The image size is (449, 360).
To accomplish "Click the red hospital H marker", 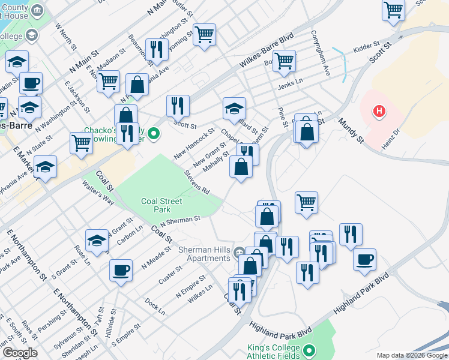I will pos(379,111).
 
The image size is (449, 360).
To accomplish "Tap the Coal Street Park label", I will pos(155,205).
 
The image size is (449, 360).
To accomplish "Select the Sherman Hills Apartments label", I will pos(205,254).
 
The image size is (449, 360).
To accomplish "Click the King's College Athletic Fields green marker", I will pos(309,350).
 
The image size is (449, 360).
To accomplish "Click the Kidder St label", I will pos(367,46).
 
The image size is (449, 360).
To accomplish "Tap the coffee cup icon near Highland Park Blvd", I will pos(364,259).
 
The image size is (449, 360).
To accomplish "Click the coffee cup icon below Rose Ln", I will pos(121,270).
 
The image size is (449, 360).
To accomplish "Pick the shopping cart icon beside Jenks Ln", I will pos(284,60).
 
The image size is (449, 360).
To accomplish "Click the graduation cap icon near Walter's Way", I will pos(97,241).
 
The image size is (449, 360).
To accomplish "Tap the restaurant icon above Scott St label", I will pos(178,106).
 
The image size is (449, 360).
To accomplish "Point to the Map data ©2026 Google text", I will pos(412,355).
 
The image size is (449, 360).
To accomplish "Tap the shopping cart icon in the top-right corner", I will pos(393,10).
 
